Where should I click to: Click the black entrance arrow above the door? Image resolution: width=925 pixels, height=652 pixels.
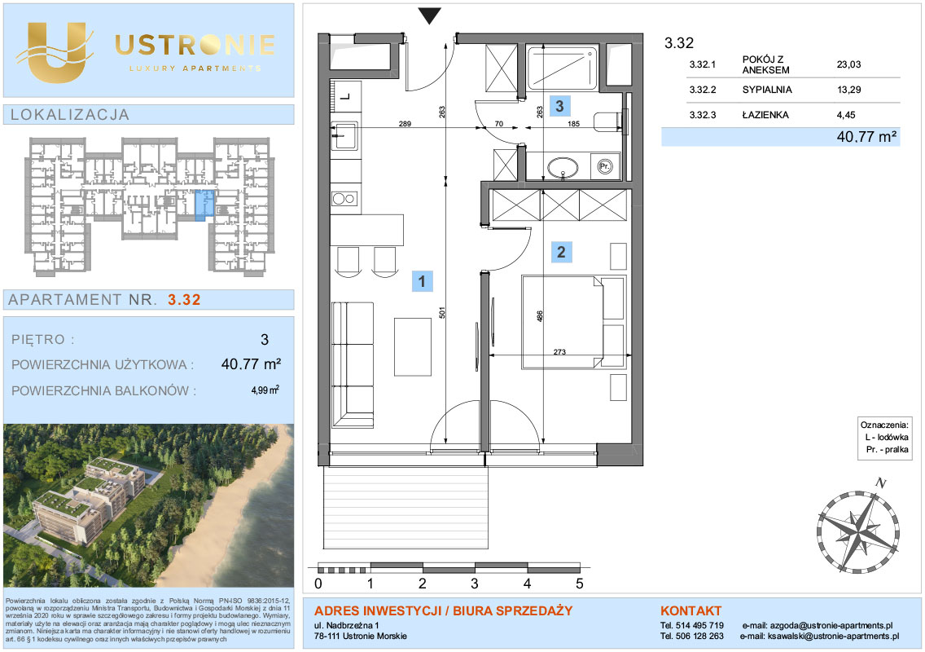(x=429, y=16)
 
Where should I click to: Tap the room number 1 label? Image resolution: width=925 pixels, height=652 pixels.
(x=422, y=281)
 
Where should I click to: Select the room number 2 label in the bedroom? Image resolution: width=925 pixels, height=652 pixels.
(x=561, y=252)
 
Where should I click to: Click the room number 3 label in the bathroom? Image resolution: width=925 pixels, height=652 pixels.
(x=559, y=106)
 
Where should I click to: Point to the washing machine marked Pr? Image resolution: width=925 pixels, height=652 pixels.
(x=605, y=166)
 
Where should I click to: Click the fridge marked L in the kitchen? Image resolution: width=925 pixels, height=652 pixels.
(x=344, y=95)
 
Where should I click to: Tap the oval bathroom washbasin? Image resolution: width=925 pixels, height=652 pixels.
(x=563, y=167)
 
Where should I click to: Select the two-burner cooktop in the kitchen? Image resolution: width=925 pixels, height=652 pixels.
(x=344, y=199)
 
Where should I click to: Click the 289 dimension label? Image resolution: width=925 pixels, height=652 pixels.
(x=405, y=124)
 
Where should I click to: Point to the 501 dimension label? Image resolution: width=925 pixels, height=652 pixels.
(x=442, y=312)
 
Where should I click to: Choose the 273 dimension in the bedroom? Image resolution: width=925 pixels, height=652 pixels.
(x=559, y=352)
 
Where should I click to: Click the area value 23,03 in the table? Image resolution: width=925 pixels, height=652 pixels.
(x=848, y=64)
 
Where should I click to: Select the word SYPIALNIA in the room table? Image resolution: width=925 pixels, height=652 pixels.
(x=767, y=90)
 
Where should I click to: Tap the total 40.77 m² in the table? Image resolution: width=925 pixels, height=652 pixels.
(x=866, y=137)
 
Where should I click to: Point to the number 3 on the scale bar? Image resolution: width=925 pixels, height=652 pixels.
(x=474, y=584)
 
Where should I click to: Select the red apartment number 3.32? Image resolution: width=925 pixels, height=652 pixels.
(x=184, y=300)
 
